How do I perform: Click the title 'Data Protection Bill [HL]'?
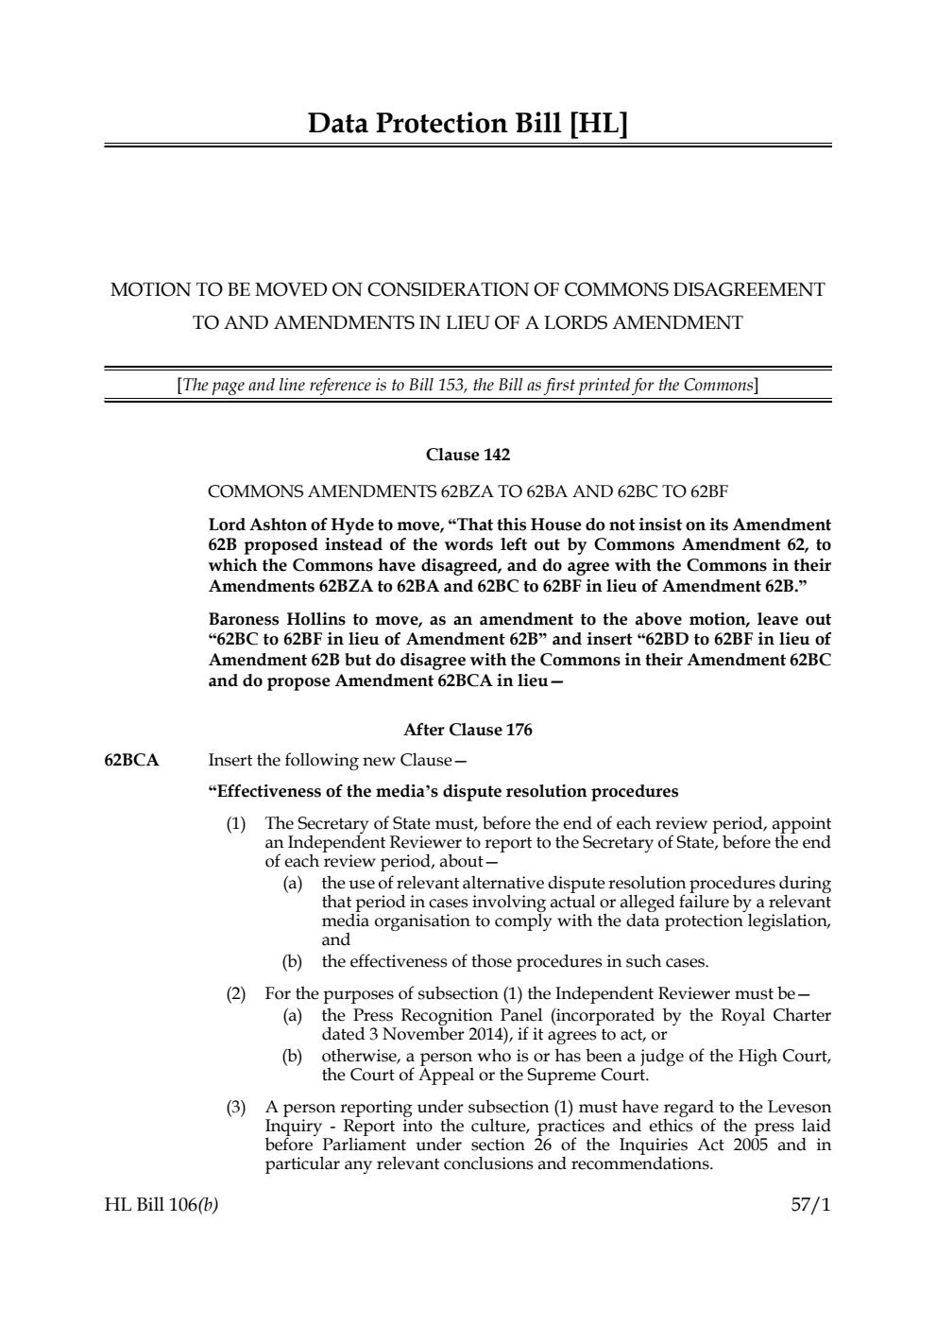(x=468, y=124)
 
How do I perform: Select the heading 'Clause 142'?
(x=468, y=455)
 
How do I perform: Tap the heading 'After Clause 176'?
(x=468, y=730)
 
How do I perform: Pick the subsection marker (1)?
(x=236, y=824)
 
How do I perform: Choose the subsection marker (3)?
(x=236, y=1107)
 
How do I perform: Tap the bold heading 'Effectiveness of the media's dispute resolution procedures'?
(x=443, y=791)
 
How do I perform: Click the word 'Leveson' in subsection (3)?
(x=799, y=1107)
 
